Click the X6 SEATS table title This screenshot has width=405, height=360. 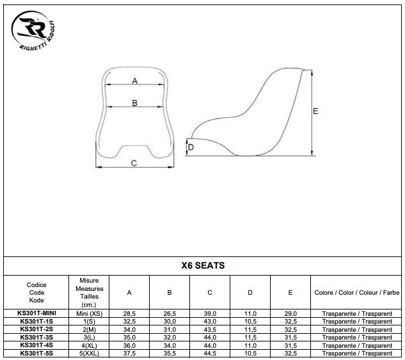pyautogui.click(x=202, y=265)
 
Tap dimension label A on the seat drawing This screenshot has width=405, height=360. pyautogui.click(x=134, y=81)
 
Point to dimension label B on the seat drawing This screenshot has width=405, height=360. pyautogui.click(x=134, y=103)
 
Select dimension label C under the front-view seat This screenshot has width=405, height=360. pyautogui.click(x=134, y=163)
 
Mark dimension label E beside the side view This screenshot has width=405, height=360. pyautogui.click(x=315, y=111)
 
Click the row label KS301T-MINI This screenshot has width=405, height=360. pyautogui.click(x=36, y=313)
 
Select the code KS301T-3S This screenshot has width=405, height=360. pyautogui.click(x=36, y=337)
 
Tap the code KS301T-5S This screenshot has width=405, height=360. pyautogui.click(x=36, y=353)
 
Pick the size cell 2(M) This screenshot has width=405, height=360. pyautogui.click(x=89, y=329)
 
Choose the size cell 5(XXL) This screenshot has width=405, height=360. pyautogui.click(x=89, y=353)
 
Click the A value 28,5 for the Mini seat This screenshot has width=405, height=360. pyautogui.click(x=129, y=313)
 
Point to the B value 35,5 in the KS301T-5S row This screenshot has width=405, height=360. pyautogui.click(x=169, y=353)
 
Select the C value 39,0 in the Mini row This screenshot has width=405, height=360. pyautogui.click(x=210, y=313)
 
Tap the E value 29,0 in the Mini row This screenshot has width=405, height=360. pyautogui.click(x=290, y=313)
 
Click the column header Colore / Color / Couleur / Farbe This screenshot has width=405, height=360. pyautogui.click(x=357, y=293)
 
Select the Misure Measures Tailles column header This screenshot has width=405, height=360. pyautogui.click(x=89, y=293)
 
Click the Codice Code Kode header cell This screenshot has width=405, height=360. pyautogui.click(x=36, y=292)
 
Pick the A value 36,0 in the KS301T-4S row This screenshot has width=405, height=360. pyautogui.click(x=129, y=345)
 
